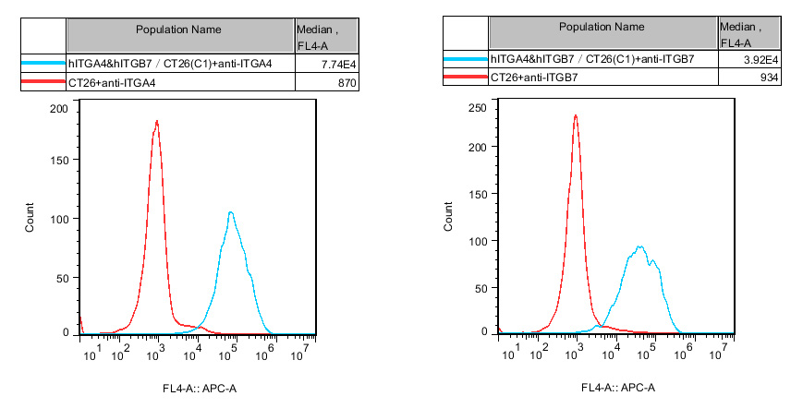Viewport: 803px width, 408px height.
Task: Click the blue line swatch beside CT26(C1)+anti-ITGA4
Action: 43,63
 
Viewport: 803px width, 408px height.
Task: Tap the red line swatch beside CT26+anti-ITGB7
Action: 466,78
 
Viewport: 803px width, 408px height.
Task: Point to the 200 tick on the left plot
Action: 59,109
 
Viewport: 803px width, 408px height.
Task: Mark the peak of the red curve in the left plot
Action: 157,121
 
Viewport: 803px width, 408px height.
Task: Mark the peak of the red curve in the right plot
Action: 576,115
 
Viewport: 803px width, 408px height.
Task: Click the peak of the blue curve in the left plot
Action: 230,213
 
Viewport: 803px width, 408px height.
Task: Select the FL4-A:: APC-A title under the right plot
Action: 618,387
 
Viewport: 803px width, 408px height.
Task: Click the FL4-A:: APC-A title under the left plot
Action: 200,388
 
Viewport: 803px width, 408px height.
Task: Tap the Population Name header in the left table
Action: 178,30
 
